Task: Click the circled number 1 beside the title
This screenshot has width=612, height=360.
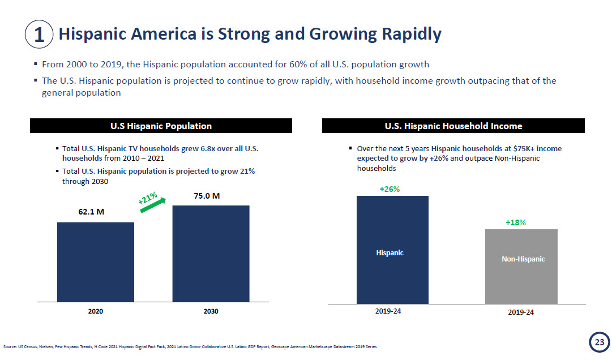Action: [x=39, y=35]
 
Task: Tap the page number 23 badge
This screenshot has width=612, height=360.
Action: [x=598, y=342]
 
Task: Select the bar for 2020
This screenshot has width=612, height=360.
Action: [x=96, y=262]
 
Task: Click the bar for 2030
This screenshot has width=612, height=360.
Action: [x=211, y=253]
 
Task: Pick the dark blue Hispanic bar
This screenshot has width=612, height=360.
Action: [x=392, y=250]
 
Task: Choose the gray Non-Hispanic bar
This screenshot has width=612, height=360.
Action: [x=521, y=266]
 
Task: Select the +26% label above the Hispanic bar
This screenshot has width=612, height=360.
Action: [x=390, y=189]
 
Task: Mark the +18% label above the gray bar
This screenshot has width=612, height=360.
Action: [x=516, y=222]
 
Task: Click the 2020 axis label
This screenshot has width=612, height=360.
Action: [x=96, y=311]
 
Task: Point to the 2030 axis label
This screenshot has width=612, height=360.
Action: [x=211, y=311]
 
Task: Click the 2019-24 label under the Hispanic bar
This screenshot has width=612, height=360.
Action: [x=388, y=311]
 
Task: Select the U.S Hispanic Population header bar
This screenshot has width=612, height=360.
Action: [x=161, y=126]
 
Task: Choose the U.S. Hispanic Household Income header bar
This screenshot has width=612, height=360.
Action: [x=453, y=126]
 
